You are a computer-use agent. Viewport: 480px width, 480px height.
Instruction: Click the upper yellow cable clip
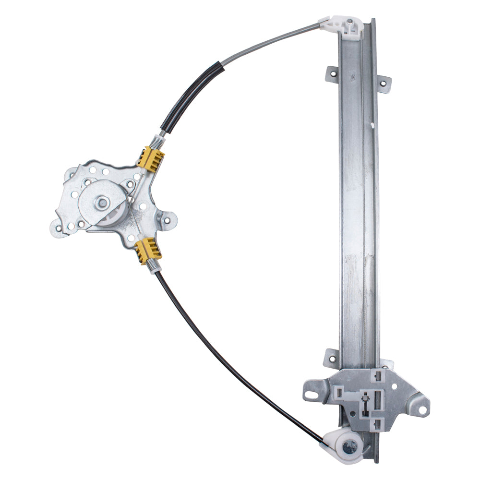[x=151, y=158]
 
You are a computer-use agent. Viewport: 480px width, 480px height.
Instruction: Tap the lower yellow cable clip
[x=148, y=251]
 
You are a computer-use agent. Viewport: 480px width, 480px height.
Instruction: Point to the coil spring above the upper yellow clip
[x=157, y=142]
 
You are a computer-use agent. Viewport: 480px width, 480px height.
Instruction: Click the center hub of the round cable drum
[x=102, y=203]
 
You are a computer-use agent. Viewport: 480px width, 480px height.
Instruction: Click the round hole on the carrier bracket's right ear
[x=422, y=410]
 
